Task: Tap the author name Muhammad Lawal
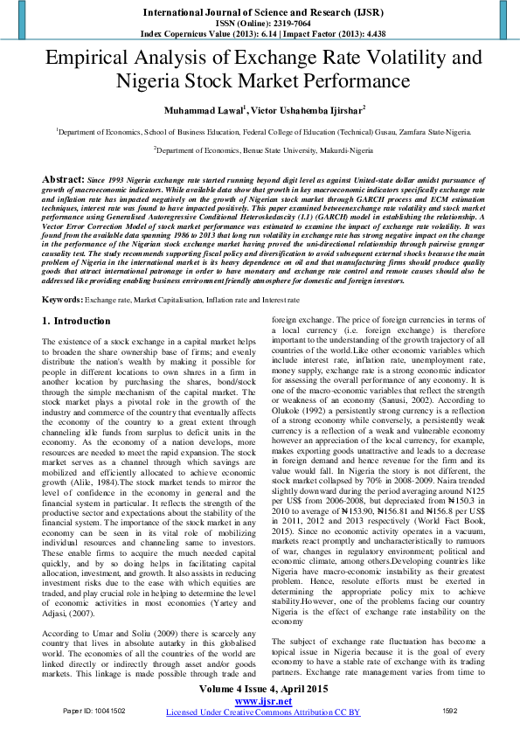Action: [199, 111]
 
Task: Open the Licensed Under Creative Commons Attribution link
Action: [262, 712]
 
